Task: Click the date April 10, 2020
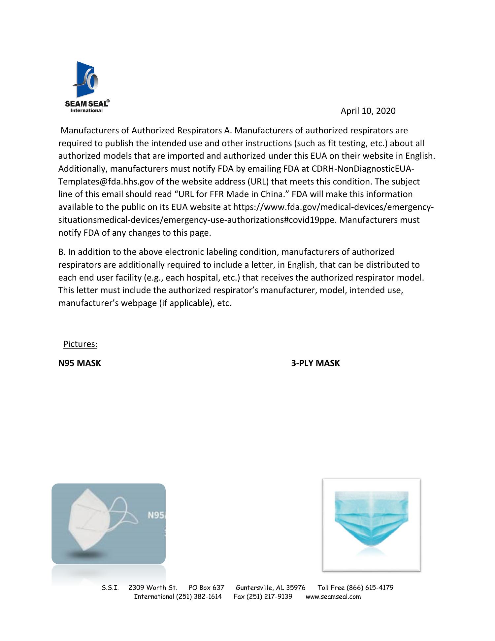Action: (x=368, y=111)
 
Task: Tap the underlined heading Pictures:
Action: (x=80, y=344)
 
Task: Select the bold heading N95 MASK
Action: (x=80, y=363)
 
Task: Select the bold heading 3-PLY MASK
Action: (x=315, y=363)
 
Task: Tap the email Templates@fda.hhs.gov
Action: (x=106, y=182)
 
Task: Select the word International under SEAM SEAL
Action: (x=86, y=111)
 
